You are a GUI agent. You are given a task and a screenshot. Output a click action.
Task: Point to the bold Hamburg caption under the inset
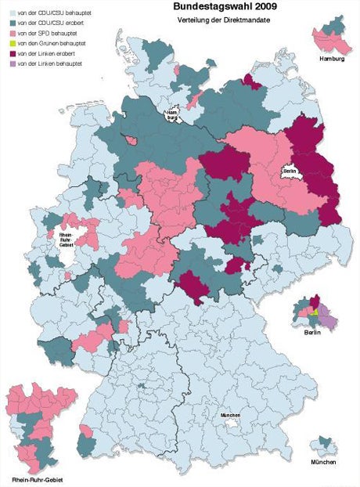[x=332, y=60]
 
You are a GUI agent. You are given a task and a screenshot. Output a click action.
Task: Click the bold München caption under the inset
[x=322, y=463]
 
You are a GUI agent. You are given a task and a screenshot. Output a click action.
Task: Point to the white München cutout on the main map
[x=230, y=420]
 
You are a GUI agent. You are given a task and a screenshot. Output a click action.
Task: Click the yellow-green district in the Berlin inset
[x=314, y=312]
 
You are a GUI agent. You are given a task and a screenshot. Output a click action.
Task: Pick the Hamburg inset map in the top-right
[x=332, y=38]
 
